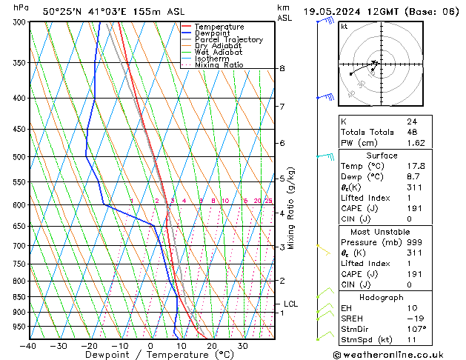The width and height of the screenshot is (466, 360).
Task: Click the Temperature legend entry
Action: (219, 27)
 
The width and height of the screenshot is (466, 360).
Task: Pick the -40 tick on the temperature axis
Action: (28, 345)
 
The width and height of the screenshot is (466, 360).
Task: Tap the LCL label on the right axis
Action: (290, 304)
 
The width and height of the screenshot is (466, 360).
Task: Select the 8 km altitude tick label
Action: (282, 69)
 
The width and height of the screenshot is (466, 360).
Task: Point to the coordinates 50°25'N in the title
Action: (63, 11)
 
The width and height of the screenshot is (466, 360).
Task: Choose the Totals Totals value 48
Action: (411, 132)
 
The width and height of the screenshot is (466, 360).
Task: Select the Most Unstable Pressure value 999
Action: (413, 241)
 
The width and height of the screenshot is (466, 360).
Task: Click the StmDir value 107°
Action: (416, 329)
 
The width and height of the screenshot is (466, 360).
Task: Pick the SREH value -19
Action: (414, 319)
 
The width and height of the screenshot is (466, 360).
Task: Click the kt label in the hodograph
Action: (344, 26)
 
